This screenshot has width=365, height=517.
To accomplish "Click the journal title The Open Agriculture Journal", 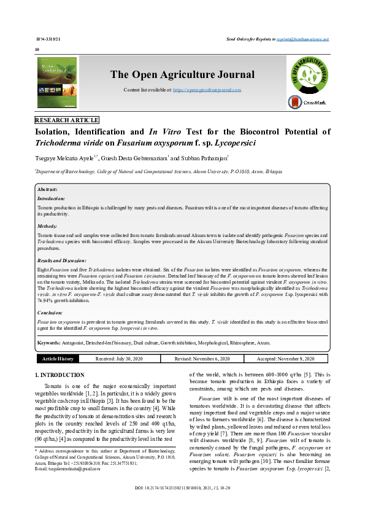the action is [x=182, y=75].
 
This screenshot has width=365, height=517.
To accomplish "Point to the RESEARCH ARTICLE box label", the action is [x=67, y=120].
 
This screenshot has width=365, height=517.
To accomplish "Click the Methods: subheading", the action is [x=49, y=227].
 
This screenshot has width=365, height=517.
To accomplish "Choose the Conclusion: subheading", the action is [x=52, y=313].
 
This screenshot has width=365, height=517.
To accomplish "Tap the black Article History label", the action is [x=57, y=359].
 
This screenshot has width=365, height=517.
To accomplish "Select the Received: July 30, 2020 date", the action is [x=118, y=359].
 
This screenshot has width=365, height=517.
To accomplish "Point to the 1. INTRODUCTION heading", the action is [x=60, y=375].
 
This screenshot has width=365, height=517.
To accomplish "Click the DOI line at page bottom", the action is [x=182, y=505].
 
